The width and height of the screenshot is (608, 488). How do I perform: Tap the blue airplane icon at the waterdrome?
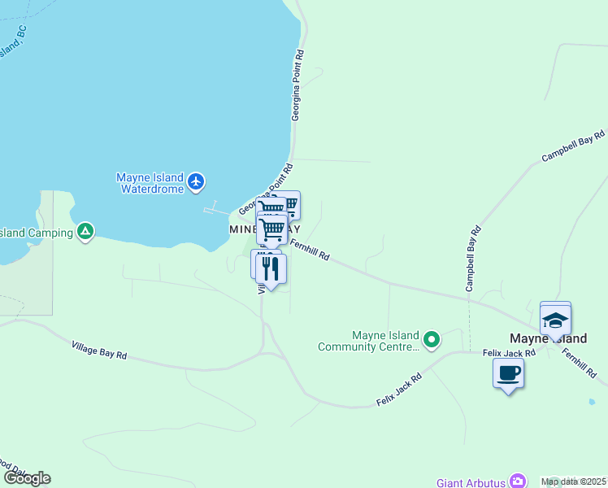[x=196, y=181]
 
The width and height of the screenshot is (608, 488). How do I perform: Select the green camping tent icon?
[x=85, y=233]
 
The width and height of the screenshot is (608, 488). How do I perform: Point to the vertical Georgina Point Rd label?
[x=298, y=85]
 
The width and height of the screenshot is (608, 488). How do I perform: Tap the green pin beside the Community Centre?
[x=432, y=339]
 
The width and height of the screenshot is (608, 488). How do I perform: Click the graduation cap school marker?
[x=556, y=320]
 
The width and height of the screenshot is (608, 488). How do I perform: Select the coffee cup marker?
[x=508, y=373]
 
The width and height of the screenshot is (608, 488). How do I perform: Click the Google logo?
[x=27, y=478]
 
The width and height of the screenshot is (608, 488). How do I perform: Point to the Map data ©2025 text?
[x=573, y=481]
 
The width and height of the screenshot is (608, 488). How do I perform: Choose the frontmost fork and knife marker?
[x=271, y=268]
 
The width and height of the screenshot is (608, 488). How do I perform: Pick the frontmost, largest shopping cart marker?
[x=271, y=229]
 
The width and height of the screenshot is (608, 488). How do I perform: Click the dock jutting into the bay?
[x=216, y=209]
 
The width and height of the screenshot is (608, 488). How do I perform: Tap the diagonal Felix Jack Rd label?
[x=399, y=390]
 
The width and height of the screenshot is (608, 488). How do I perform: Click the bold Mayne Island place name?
[x=548, y=338]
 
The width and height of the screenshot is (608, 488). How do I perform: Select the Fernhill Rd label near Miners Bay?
[x=310, y=249]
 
